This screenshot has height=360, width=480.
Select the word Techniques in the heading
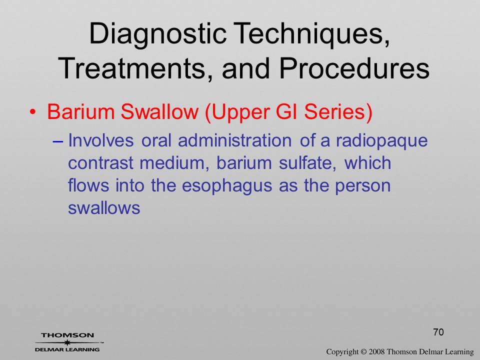click(x=311, y=33)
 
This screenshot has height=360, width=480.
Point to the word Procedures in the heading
click(x=354, y=68)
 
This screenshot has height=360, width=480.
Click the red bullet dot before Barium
click(x=32, y=112)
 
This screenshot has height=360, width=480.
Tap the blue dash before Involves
click(x=58, y=141)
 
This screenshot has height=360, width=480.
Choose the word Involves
click(x=100, y=140)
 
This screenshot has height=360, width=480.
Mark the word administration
click(x=234, y=140)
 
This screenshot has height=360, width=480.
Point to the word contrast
click(x=100, y=163)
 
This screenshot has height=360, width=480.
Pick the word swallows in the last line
click(x=104, y=208)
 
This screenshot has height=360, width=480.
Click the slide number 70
click(x=438, y=332)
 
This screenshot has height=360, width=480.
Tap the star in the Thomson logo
click(x=67, y=342)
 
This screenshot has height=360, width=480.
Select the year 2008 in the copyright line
click(x=376, y=351)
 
